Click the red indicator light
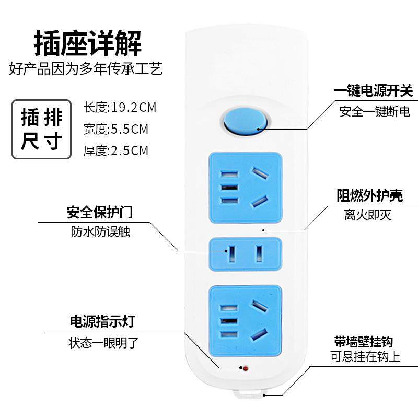point(245,369)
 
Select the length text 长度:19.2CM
point(120,108)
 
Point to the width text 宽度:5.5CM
point(116,129)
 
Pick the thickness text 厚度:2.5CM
point(116,151)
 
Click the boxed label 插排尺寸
point(41,129)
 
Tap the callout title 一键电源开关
point(373,91)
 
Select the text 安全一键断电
point(375,111)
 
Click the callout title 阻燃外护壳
point(369,195)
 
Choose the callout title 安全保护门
point(99,212)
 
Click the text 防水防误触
point(100,232)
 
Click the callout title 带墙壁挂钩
point(364,342)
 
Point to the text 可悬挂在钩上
point(365,358)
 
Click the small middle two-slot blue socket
point(245,254)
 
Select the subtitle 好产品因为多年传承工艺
point(86,69)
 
